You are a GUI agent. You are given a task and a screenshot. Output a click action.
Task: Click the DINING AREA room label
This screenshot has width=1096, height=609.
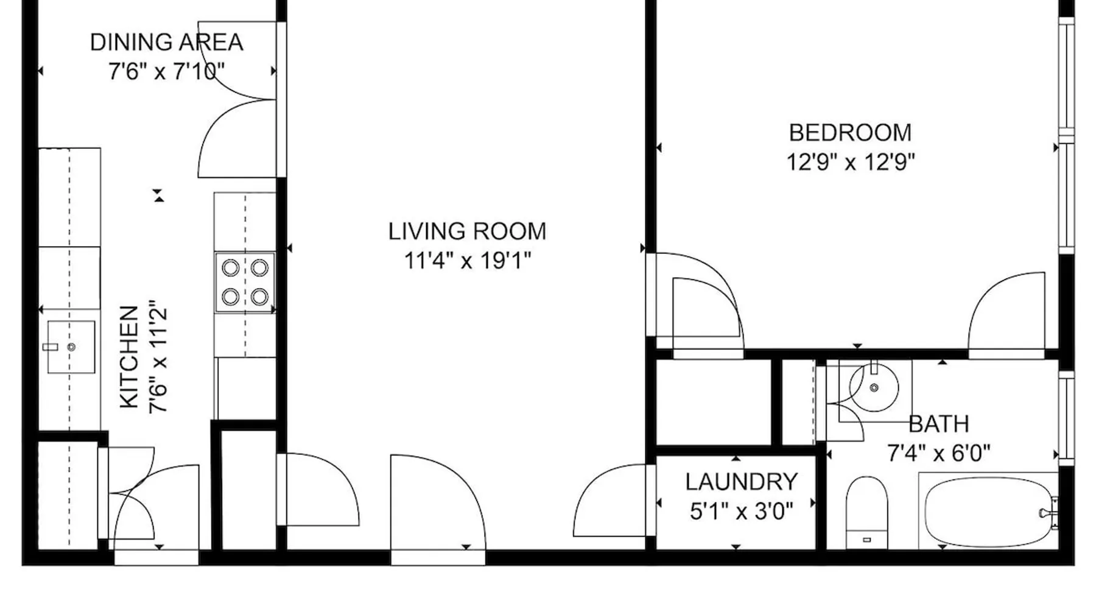[166, 43]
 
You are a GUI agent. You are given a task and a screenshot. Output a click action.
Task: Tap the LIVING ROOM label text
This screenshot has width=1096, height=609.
[467, 231]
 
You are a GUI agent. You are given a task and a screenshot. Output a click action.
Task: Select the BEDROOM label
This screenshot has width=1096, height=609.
[850, 133]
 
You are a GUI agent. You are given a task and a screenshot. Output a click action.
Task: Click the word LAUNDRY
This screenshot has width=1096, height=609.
[741, 482]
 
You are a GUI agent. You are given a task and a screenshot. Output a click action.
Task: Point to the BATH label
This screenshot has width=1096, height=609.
[938, 424]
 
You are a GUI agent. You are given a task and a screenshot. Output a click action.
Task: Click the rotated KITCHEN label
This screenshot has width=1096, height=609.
[129, 357]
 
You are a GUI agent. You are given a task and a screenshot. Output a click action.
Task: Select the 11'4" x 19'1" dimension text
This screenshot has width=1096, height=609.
[467, 261]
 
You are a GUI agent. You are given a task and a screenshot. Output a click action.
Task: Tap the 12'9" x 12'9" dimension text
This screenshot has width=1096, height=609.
[850, 163]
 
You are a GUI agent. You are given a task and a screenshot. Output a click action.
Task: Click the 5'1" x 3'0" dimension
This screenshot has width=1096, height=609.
[741, 512]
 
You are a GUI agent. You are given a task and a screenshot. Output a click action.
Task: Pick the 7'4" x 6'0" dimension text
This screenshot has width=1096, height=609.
[938, 454]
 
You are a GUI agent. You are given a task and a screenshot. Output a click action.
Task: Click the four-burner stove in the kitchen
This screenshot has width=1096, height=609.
[245, 283]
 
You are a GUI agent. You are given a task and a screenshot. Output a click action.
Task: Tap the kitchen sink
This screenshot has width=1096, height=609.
[71, 347]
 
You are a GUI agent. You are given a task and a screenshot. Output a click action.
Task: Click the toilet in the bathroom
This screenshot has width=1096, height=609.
[866, 512]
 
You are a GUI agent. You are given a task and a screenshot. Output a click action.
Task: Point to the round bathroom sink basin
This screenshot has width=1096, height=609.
[874, 388]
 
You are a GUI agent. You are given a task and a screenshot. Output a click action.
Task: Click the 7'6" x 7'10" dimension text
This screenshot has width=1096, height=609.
[166, 72]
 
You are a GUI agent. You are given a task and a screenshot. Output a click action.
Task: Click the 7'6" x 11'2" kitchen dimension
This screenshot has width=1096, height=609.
[158, 357]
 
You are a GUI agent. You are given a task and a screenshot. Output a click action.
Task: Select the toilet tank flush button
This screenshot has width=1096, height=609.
[866, 540]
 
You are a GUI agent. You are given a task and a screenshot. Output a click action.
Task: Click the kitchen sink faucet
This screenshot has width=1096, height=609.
[51, 347]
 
